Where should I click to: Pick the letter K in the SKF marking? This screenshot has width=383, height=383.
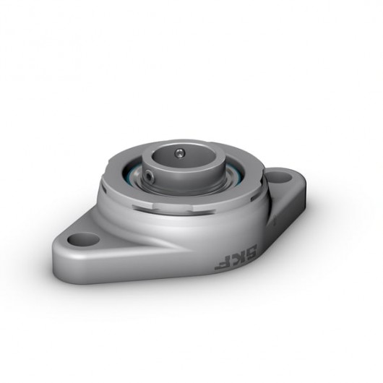227,258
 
